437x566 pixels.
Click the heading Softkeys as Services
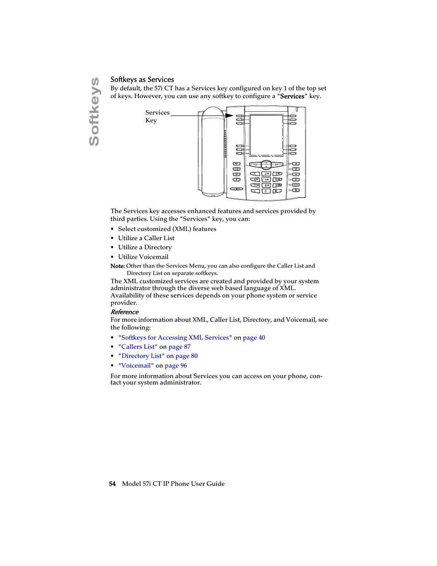tap(142, 80)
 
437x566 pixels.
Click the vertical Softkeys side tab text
tap(94, 112)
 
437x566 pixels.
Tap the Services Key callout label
tap(157, 116)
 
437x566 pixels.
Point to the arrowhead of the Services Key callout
tap(230, 115)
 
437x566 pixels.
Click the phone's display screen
tap(266, 135)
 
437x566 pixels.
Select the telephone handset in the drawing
tap(213, 151)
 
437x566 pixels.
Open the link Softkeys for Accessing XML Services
tap(175, 338)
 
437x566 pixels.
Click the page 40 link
tap(254, 338)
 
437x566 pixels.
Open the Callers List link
tap(138, 347)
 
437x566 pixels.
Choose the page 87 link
tap(180, 347)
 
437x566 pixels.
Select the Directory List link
tap(141, 356)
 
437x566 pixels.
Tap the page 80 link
tap(186, 356)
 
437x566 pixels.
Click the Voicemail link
tap(136, 366)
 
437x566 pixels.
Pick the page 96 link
tap(176, 366)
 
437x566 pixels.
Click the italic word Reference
tap(125, 312)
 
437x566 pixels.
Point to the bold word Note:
tap(117, 266)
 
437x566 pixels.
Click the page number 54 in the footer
tap(112, 484)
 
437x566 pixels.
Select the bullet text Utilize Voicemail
tap(143, 257)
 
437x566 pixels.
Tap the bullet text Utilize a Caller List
tap(146, 238)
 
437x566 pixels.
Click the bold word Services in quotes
tap(292, 96)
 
